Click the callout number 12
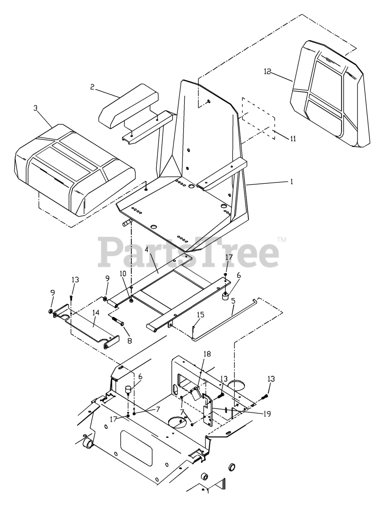(267, 71)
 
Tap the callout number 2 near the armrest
(92, 87)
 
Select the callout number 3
(35, 108)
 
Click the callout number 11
(293, 138)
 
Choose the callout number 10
(123, 273)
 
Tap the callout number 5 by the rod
(233, 301)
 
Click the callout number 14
(96, 312)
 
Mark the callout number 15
(201, 314)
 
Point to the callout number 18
(207, 353)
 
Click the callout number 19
(267, 413)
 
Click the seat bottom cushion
(74, 170)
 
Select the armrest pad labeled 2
(128, 106)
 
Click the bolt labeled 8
(118, 321)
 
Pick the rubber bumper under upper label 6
(224, 296)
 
